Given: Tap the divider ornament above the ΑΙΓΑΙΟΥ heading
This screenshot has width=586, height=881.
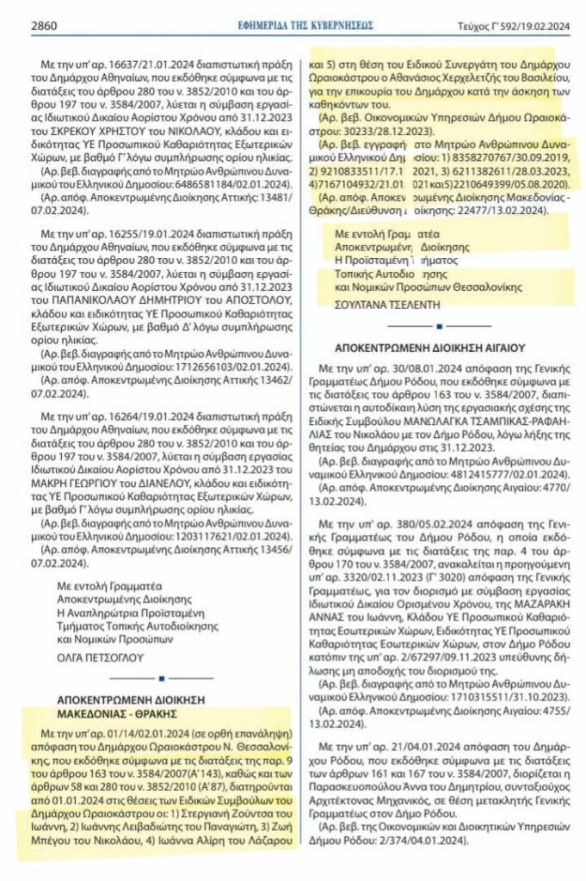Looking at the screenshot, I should click(439, 326).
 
